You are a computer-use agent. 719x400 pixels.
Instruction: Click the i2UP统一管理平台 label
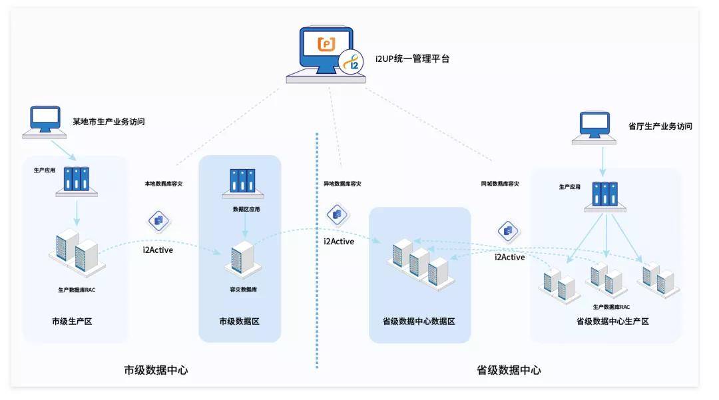click(x=412, y=59)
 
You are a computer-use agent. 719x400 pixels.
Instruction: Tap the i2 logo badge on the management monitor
click(x=351, y=62)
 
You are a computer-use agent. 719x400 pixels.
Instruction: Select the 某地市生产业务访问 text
click(x=109, y=121)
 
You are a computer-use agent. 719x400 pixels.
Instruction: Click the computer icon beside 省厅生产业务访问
click(x=594, y=128)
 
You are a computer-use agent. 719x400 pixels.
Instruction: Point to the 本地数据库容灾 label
click(x=164, y=184)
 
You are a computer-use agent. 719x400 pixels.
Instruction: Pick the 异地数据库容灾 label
click(x=343, y=184)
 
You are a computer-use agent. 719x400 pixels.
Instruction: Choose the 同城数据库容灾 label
click(x=500, y=184)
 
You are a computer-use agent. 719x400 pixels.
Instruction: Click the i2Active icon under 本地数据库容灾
click(x=158, y=221)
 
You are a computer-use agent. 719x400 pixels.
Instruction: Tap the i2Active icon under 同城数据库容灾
click(x=508, y=231)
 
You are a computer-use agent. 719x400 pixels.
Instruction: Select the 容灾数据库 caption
click(x=244, y=290)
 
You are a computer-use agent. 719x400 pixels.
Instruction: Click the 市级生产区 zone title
click(x=72, y=321)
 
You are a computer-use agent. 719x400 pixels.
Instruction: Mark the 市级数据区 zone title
click(x=240, y=321)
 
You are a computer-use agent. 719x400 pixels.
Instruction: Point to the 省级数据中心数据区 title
click(x=419, y=321)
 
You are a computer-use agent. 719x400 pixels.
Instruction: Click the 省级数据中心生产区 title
click(x=612, y=321)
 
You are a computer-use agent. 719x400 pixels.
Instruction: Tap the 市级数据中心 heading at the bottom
click(x=156, y=370)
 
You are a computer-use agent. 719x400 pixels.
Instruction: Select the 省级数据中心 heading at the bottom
click(x=509, y=370)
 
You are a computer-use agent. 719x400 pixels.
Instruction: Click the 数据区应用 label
click(x=246, y=210)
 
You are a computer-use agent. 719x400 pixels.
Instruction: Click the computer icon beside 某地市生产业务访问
click(x=45, y=122)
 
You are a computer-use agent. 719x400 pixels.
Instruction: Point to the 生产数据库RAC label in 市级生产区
click(x=77, y=290)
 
